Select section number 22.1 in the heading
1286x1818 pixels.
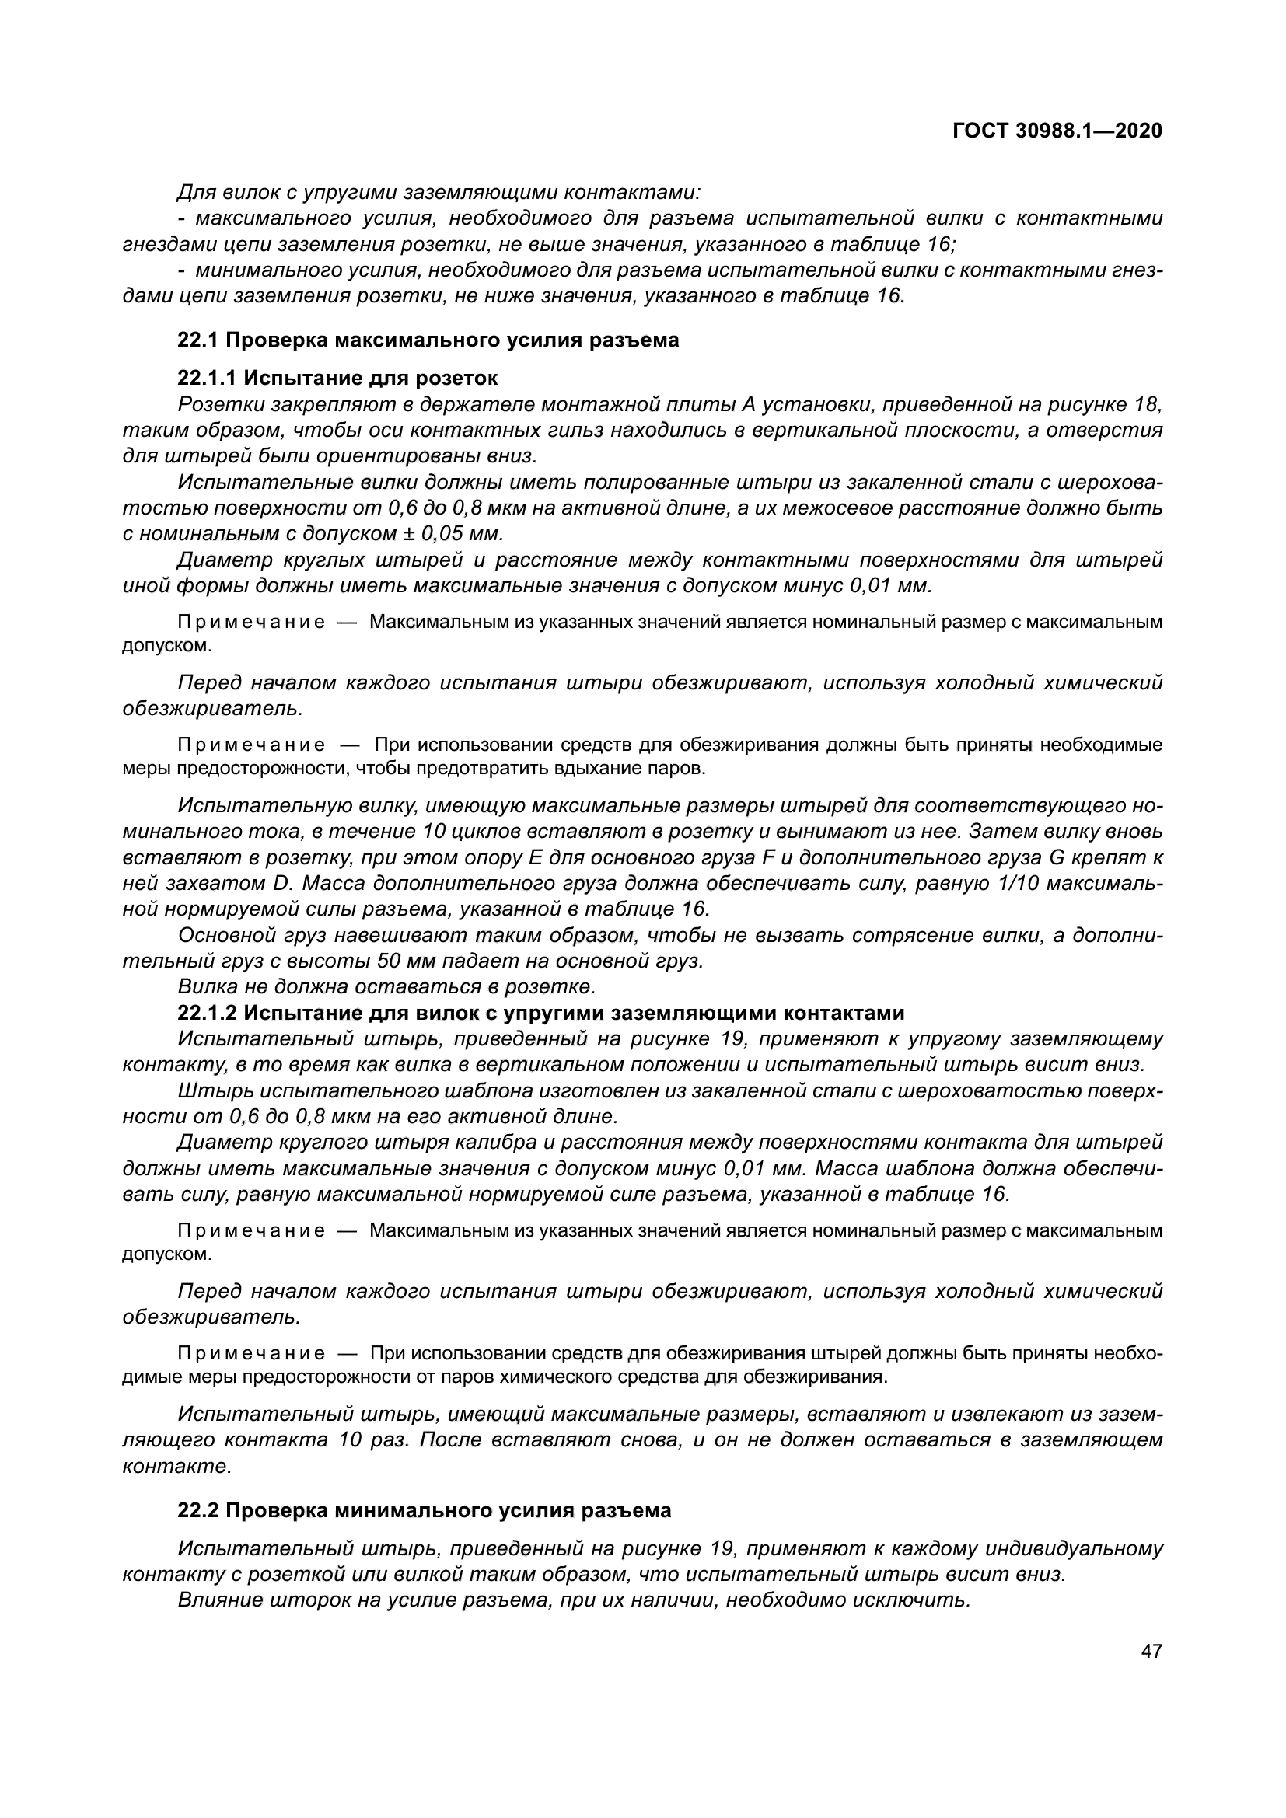(198, 340)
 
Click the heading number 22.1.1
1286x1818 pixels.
(207, 378)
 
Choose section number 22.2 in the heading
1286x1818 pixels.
(198, 1510)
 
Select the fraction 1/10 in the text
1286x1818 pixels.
(1019, 883)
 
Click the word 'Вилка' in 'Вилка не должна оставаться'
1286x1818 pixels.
(203, 986)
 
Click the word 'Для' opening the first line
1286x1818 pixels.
(194, 193)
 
